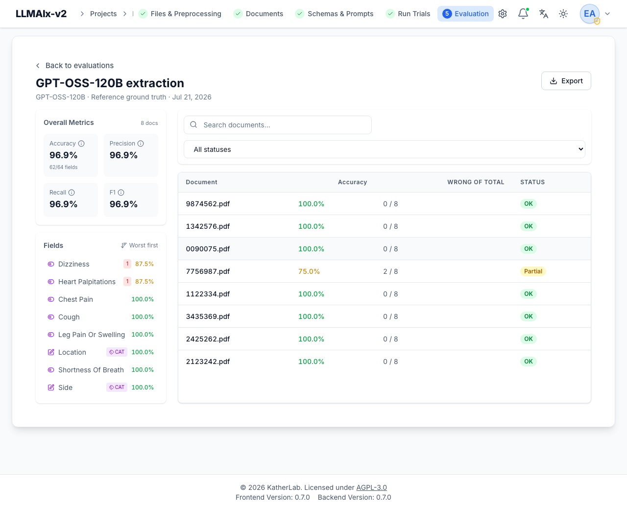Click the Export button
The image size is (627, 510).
(x=566, y=81)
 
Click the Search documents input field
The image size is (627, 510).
(x=278, y=125)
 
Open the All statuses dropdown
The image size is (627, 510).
(x=384, y=149)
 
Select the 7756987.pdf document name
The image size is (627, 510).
(x=208, y=271)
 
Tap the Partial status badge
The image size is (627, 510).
(x=533, y=271)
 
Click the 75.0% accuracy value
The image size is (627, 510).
(x=309, y=271)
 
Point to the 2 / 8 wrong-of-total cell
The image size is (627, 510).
(x=390, y=271)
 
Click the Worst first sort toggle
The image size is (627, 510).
(x=139, y=245)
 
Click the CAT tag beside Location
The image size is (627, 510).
(x=117, y=352)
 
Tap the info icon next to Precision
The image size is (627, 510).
(x=141, y=144)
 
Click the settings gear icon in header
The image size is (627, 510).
(x=503, y=14)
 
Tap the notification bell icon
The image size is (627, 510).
(x=523, y=14)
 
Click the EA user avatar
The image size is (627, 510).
(x=589, y=14)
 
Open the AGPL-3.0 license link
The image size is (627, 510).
(x=371, y=487)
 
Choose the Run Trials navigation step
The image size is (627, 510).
(x=408, y=14)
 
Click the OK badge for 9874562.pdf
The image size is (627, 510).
(x=528, y=204)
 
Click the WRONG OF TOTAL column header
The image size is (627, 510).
(x=476, y=182)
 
